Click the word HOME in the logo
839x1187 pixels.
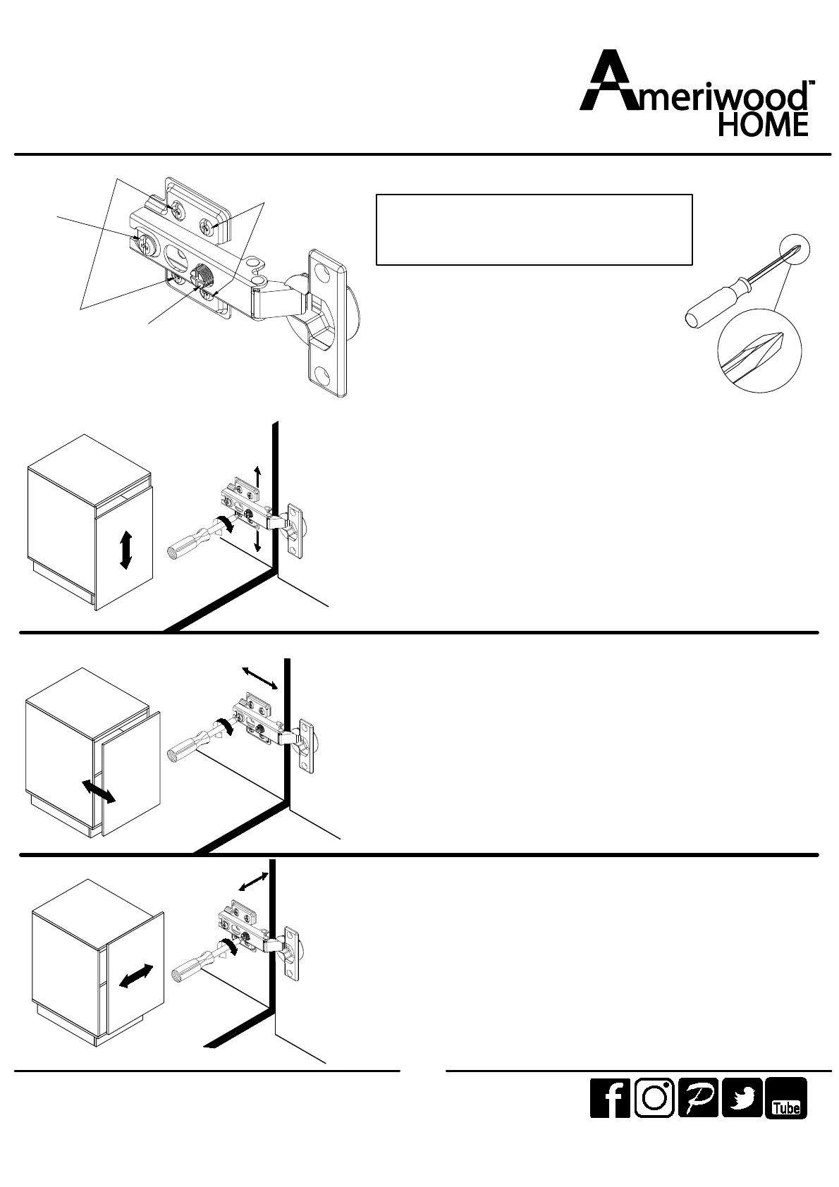[763, 125]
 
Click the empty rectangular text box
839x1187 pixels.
[534, 230]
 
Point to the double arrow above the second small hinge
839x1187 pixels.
[259, 677]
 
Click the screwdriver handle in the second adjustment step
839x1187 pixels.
[188, 744]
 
